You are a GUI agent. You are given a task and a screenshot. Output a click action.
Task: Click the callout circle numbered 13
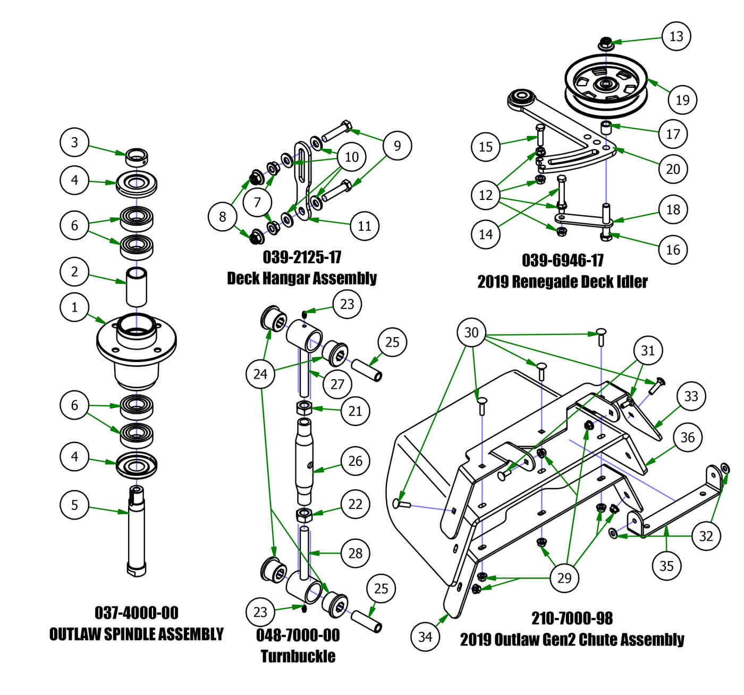point(676,36)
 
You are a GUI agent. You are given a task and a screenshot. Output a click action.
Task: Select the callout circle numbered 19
point(682,99)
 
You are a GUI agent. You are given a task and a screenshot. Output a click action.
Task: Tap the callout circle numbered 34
point(425,636)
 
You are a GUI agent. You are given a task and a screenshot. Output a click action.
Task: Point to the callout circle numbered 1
point(74,307)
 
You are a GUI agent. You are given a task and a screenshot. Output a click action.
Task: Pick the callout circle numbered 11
point(365,225)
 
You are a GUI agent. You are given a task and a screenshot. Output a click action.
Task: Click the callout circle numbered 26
point(355,460)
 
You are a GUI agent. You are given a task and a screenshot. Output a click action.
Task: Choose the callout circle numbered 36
point(688,437)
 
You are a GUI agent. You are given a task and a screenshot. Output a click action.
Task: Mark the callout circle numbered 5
point(74,504)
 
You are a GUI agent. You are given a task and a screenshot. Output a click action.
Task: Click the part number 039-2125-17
point(302,257)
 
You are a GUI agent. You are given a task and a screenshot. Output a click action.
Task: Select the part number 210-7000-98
point(572,618)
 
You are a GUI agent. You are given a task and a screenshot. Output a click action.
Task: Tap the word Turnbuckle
point(298,656)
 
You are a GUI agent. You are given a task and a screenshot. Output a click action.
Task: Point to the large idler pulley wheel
point(606,85)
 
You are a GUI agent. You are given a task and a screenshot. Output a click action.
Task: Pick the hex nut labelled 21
point(304,409)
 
